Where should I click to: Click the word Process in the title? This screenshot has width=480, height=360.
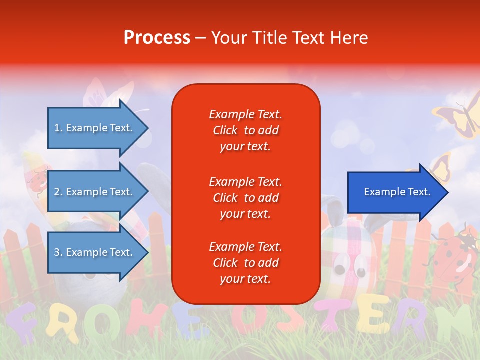(157, 38)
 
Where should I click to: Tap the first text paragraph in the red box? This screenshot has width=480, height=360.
(245, 130)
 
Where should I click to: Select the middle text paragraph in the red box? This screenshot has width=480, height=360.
(245, 198)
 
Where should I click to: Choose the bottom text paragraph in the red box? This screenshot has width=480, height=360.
(245, 263)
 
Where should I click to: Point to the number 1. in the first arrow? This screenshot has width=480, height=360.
(58, 128)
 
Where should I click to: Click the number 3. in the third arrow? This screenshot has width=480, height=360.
(58, 252)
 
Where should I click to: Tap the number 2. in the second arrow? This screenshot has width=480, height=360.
(58, 192)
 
